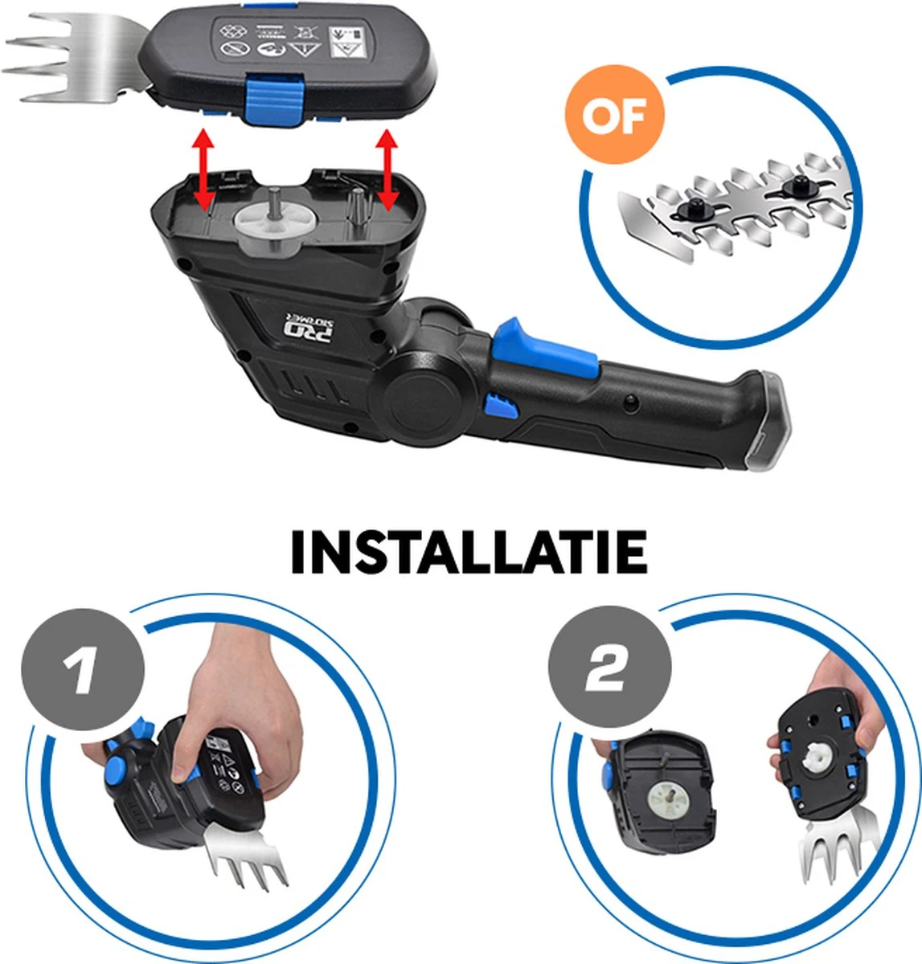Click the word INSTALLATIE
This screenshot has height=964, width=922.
point(469,552)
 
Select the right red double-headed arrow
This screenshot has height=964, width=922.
point(389,170)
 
